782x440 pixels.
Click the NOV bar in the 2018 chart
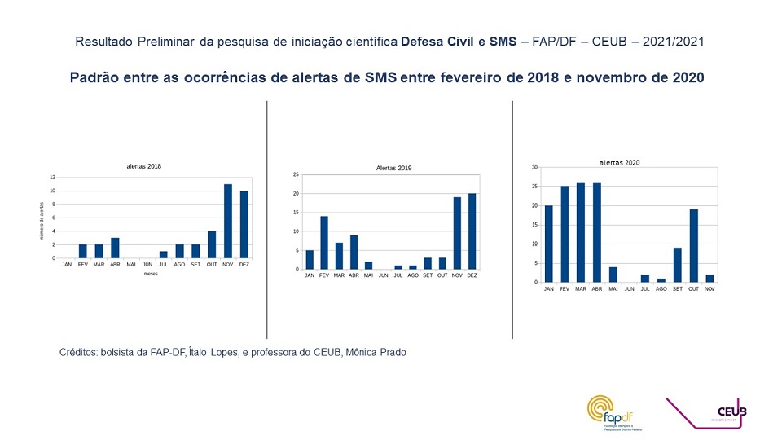coord(228,222)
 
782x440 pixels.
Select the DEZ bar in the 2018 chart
coord(244,225)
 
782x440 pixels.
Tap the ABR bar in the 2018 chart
coord(115,249)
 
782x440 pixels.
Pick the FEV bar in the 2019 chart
coord(323,243)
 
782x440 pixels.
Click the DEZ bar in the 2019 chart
coord(472,231)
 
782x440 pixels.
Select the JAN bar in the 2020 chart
coord(548,244)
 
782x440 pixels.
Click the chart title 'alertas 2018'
coord(143,166)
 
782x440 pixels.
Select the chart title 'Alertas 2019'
coord(393,168)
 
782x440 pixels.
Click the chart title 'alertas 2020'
coord(619,162)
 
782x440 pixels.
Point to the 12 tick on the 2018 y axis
coord(52,178)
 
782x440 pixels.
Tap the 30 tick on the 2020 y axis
coord(535,167)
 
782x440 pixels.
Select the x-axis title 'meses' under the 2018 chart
coord(151,274)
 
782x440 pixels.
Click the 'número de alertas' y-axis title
coord(42,220)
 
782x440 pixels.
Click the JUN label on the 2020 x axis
coord(629,289)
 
